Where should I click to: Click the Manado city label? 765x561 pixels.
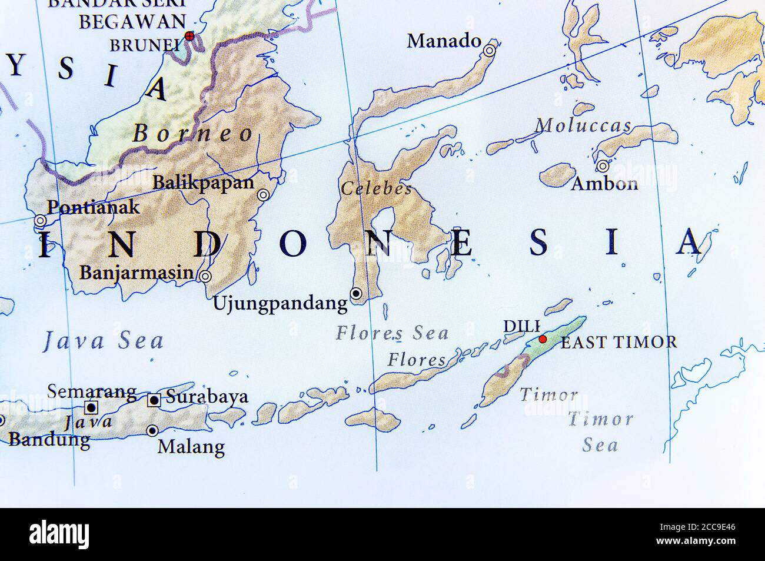444,41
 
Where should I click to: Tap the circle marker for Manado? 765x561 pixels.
490,52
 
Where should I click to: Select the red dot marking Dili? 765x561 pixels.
543,339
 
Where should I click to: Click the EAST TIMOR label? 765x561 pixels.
618,342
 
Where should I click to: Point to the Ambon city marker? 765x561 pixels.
603,166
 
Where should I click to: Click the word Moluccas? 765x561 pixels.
583,125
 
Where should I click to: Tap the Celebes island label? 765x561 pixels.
376,189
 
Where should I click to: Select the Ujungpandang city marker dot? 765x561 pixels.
356,293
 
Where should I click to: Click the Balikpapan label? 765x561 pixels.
203,182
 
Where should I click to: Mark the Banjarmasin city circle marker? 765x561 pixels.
205,276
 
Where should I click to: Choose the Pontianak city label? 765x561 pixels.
93,207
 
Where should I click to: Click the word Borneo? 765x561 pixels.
192,134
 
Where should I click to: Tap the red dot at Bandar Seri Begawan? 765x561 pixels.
189,36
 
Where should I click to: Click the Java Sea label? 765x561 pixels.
104,341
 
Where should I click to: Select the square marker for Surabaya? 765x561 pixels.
154,400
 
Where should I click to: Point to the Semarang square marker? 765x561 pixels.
91,407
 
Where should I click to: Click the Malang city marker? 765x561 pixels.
152,431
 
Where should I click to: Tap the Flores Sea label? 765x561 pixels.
392,333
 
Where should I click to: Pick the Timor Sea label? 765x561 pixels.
600,431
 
